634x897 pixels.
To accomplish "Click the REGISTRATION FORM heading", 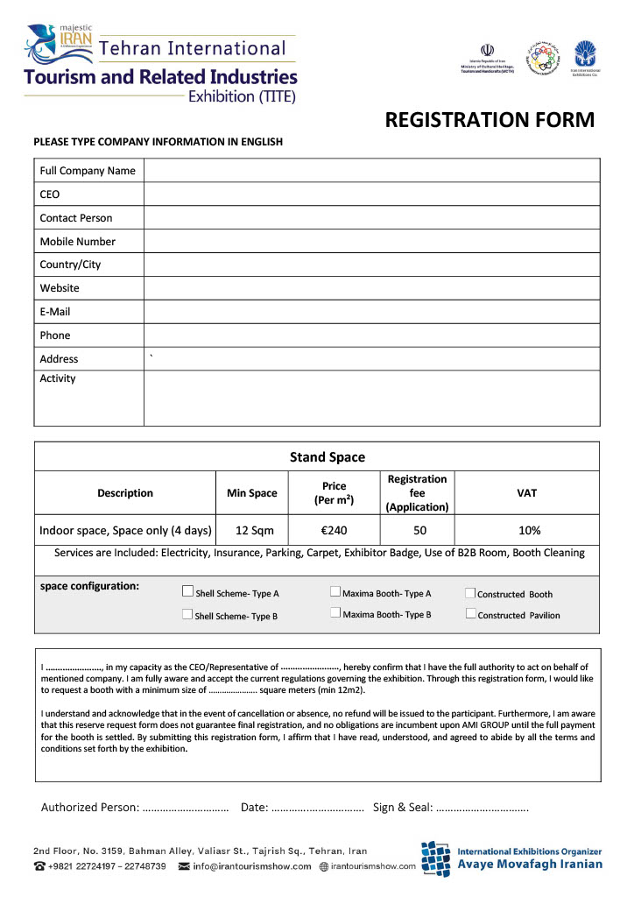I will coord(490,120).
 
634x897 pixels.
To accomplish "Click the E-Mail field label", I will coord(55,312).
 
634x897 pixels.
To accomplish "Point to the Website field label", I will coord(60,288).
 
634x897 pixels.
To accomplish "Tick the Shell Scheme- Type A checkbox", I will coord(187,591).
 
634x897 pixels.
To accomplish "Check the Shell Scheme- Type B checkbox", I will coord(187,614).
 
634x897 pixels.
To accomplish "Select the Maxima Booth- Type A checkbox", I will coord(335,591).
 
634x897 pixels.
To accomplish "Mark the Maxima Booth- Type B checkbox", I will coord(335,613).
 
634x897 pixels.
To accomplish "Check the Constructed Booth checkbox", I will coord(470,593).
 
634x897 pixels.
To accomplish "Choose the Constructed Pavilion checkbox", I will coord(470,614).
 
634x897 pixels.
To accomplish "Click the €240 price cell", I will coord(334,530).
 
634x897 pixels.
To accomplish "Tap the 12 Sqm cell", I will coord(251,530).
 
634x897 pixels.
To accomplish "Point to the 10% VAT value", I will coord(528,530).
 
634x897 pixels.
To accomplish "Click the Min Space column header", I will coord(251,493).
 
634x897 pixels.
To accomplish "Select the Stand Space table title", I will coord(328,457).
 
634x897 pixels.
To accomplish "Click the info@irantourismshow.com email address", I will coord(252,866).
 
